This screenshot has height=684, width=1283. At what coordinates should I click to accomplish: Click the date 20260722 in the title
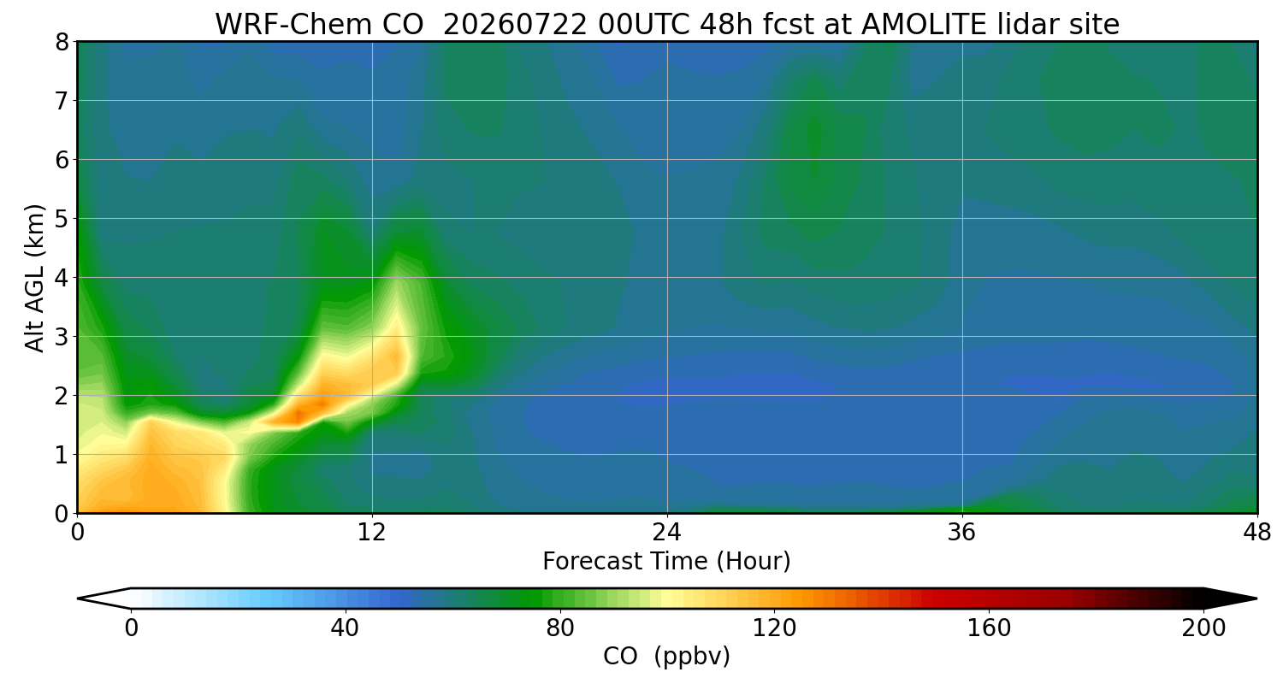pyautogui.click(x=515, y=25)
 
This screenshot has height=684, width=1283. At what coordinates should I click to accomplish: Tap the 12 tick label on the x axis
pyautogui.click(x=372, y=533)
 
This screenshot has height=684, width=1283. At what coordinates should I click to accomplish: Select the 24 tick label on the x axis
pyautogui.click(x=667, y=533)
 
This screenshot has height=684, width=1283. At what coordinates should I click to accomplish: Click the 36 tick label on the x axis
pyautogui.click(x=961, y=533)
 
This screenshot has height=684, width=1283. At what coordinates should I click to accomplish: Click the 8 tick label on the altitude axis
pyautogui.click(x=62, y=42)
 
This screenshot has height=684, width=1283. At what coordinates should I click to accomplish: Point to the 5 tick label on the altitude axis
pyautogui.click(x=62, y=219)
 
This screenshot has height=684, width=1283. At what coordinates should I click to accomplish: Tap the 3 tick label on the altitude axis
pyautogui.click(x=62, y=337)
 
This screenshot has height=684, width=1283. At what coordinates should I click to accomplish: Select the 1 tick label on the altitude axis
pyautogui.click(x=62, y=455)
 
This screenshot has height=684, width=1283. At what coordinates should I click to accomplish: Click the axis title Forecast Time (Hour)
pyautogui.click(x=666, y=562)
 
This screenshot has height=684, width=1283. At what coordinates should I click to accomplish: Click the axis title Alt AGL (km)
pyautogui.click(x=34, y=278)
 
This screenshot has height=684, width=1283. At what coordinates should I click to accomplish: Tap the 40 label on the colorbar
pyautogui.click(x=345, y=628)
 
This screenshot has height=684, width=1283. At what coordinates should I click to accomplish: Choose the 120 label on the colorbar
pyautogui.click(x=774, y=628)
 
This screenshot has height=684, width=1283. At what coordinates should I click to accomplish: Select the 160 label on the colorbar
pyautogui.click(x=989, y=628)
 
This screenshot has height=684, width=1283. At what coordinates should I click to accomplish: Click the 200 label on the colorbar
pyautogui.click(x=1203, y=628)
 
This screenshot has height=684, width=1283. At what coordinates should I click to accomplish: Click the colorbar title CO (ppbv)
pyautogui.click(x=666, y=657)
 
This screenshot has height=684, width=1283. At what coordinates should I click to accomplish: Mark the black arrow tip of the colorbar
pyautogui.click(x=1256, y=598)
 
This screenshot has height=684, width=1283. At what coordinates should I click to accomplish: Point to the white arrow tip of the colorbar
pyautogui.click(x=78, y=598)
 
